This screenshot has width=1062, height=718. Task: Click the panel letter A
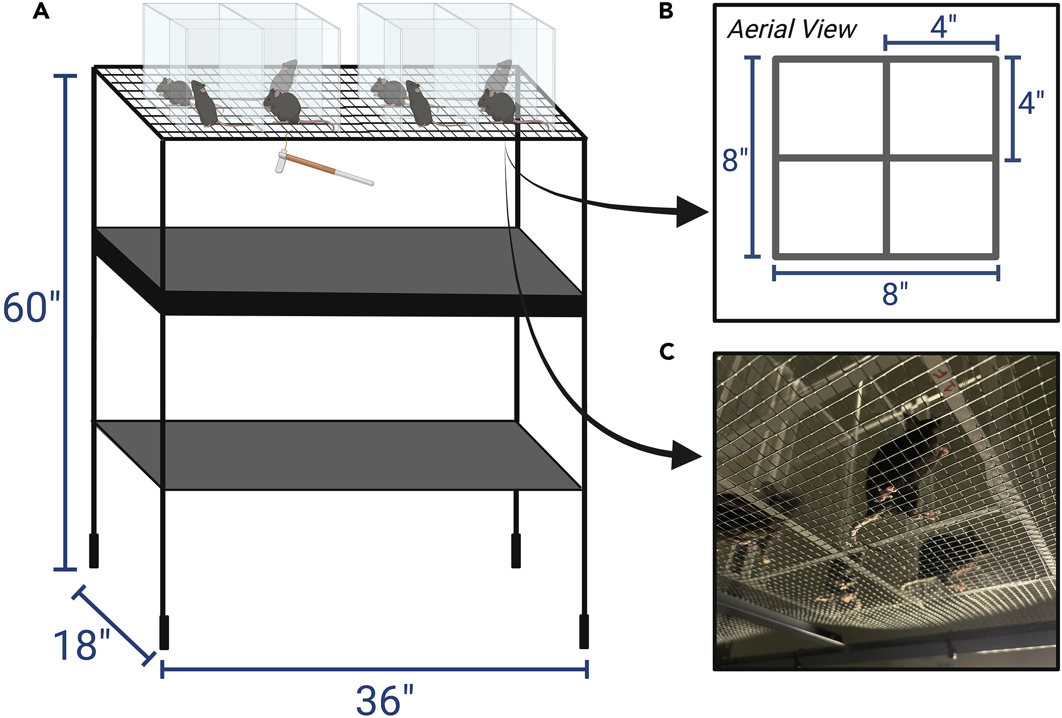point(41,11)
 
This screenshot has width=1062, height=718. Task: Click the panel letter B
point(666,11)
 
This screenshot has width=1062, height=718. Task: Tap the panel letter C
point(667,352)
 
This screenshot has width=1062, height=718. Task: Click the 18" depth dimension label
point(81,645)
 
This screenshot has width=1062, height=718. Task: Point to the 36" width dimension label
point(384,700)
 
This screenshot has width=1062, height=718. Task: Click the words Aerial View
point(792,29)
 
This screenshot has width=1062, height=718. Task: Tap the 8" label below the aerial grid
point(895,294)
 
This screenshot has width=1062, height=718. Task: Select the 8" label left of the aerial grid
point(734,160)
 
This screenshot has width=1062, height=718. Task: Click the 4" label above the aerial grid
point(943,26)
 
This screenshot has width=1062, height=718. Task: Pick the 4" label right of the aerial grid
point(1031,103)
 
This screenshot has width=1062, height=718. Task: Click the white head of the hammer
point(281,161)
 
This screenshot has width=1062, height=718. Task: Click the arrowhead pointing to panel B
point(691,212)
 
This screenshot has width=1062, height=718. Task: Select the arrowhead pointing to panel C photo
point(685,455)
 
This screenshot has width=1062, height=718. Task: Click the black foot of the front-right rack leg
point(584,631)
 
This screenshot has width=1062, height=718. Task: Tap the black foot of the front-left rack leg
point(164,632)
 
